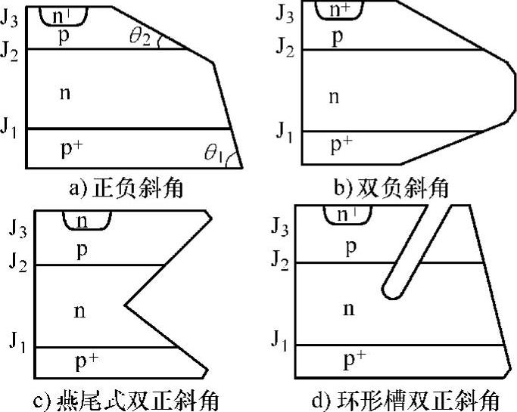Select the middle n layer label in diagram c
[79, 310]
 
